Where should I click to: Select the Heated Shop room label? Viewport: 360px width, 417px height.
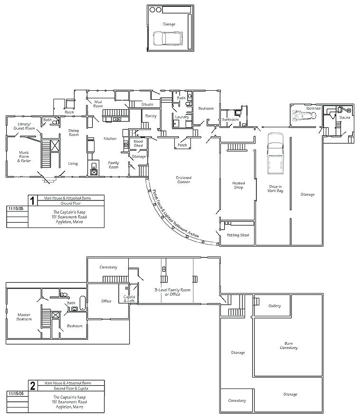tap(238, 185)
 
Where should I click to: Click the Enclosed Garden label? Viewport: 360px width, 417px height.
tap(184, 180)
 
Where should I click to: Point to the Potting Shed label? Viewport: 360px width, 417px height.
tap(238, 235)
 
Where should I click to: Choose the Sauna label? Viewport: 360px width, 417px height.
tap(344, 117)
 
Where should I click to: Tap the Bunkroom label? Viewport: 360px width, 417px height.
tap(230, 119)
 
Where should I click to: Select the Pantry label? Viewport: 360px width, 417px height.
tap(151, 116)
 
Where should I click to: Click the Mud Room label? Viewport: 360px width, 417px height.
tap(98, 104)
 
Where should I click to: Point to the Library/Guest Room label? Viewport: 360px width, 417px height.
tap(24, 126)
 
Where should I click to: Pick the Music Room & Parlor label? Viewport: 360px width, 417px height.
tap(24, 156)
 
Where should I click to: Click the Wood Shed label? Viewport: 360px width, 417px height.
tap(138, 143)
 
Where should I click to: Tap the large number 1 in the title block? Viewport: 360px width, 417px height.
tap(32, 200)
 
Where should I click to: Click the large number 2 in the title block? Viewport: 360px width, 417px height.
tap(32, 386)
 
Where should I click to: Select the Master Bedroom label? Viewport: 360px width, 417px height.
tap(24, 317)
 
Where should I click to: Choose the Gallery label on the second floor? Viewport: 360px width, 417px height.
tap(275, 306)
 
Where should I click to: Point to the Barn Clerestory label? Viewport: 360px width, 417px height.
tap(288, 345)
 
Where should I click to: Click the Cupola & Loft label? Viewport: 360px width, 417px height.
tap(129, 299)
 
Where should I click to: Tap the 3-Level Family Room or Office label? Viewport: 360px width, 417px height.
tap(167, 292)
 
